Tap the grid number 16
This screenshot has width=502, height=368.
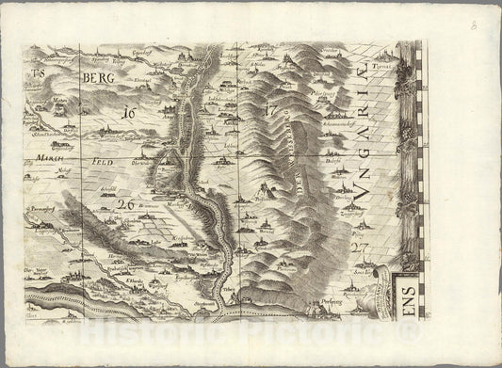[128, 114]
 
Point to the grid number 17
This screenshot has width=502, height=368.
[273, 110]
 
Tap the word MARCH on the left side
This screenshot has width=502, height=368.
[51, 158]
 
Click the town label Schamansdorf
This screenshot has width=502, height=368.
[343, 122]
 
